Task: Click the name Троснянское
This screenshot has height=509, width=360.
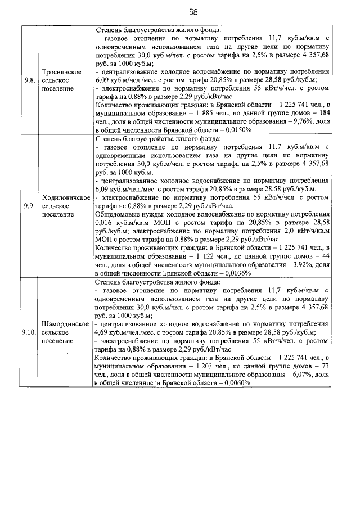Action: tap(62, 72)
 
